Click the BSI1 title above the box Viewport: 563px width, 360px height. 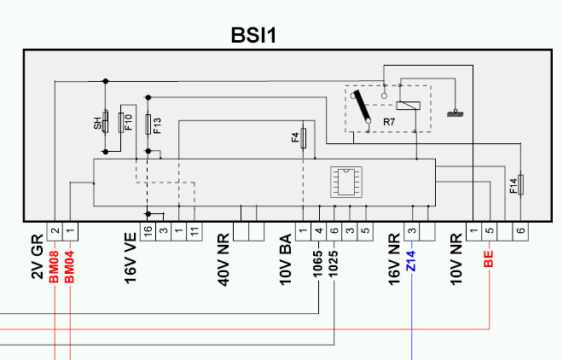[x=253, y=35]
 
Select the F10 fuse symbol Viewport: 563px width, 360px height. [x=121, y=123]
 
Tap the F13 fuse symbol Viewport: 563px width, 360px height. [x=148, y=125]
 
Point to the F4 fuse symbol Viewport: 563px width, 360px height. [x=304, y=138]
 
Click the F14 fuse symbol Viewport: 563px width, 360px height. [x=520, y=185]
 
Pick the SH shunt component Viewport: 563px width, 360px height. [x=105, y=122]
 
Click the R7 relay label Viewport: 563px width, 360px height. [x=389, y=122]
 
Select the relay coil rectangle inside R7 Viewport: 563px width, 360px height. [x=409, y=106]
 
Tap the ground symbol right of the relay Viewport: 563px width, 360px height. [x=455, y=113]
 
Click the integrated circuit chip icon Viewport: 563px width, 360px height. [x=346, y=182]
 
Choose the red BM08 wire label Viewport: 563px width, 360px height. [x=54, y=267]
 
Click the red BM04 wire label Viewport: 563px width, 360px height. [x=69, y=267]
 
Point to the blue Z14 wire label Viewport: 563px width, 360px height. [x=411, y=261]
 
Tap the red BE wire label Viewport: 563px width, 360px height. [x=489, y=259]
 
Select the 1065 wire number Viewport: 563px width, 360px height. [x=318, y=264]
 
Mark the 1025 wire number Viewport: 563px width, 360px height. [x=334, y=264]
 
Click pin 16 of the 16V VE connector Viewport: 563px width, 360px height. [x=148, y=231]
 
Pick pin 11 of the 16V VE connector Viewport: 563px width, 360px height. [x=194, y=231]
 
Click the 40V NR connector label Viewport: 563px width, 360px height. [x=223, y=260]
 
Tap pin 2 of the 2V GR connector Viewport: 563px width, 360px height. [x=55, y=231]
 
